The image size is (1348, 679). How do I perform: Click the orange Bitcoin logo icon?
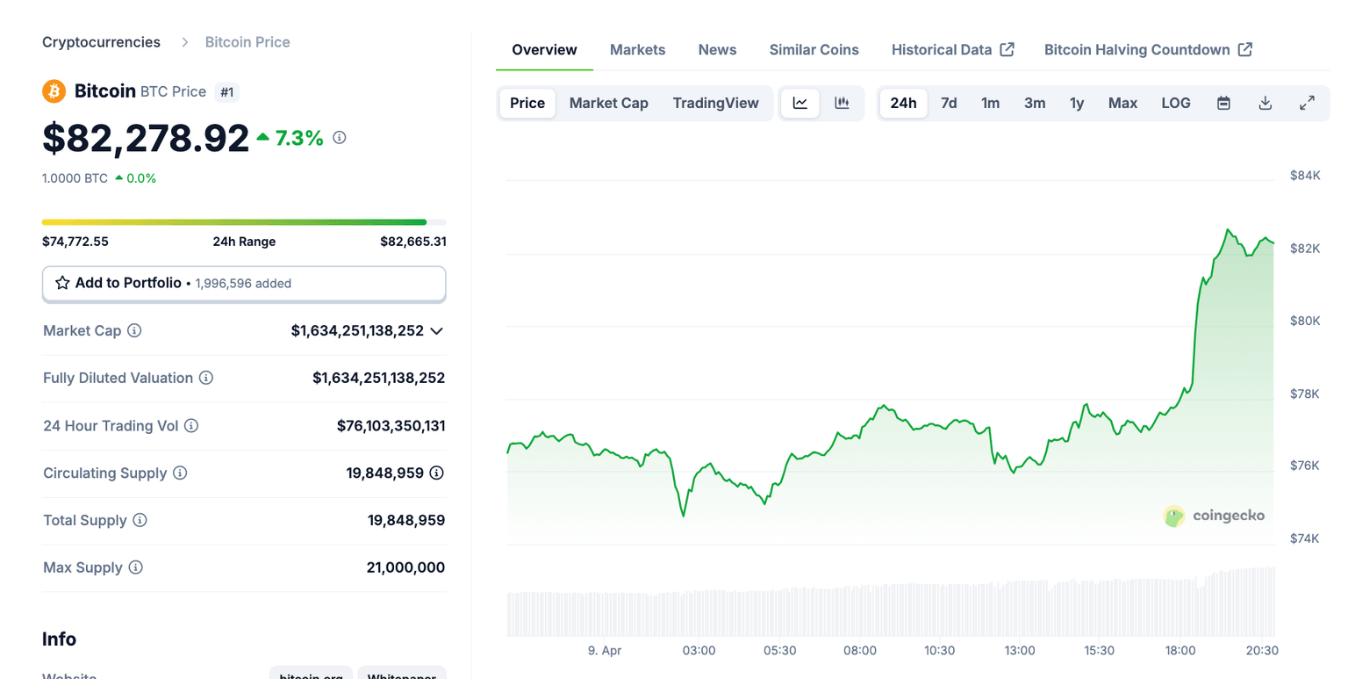click(54, 91)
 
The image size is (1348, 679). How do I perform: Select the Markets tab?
click(637, 50)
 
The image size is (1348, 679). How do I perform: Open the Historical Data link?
click(952, 50)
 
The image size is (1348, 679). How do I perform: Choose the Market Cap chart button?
click(608, 103)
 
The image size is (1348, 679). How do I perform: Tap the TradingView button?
click(715, 103)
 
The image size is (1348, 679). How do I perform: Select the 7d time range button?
click(949, 103)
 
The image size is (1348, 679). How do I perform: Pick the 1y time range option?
click(1077, 103)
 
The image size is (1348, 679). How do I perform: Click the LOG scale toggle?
click(1175, 103)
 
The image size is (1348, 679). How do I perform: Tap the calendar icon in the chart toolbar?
click(1223, 103)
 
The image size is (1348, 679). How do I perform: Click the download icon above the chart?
click(1265, 103)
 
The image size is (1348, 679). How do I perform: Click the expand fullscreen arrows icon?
click(1307, 103)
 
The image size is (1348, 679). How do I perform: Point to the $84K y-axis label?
click(1304, 176)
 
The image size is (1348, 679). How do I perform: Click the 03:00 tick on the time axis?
click(699, 651)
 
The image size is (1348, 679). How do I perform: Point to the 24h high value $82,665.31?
click(412, 242)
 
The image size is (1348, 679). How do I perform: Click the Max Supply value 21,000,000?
click(405, 567)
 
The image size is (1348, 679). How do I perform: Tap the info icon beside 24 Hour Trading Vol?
click(191, 426)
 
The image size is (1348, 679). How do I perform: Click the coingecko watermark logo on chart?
click(1214, 516)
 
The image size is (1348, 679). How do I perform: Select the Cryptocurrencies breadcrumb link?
click(101, 42)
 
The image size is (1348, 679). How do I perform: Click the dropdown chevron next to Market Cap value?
click(436, 331)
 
